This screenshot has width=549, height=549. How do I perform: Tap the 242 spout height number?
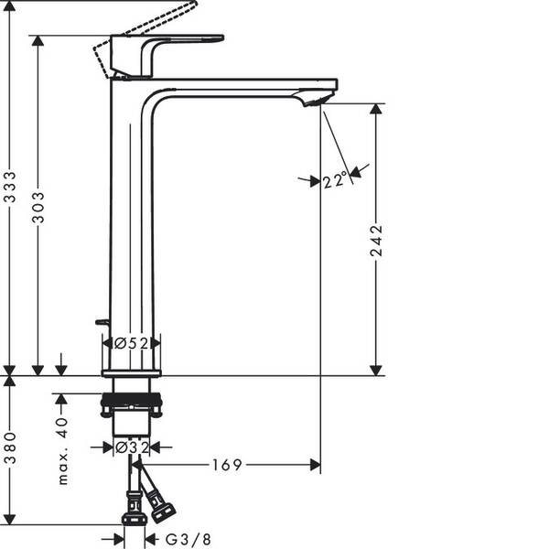click(376, 242)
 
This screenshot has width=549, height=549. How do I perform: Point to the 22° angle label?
click(335, 181)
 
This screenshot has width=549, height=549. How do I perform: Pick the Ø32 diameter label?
click(132, 447)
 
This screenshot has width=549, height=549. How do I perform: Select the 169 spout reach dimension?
click(227, 465)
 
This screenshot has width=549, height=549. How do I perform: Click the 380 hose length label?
click(10, 448)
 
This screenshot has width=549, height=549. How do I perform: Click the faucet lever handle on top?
click(183, 42)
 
